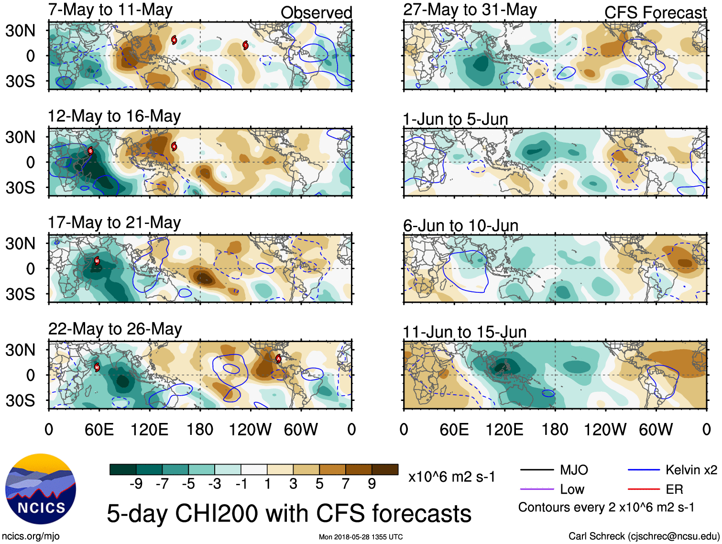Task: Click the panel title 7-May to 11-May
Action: pyautogui.click(x=110, y=10)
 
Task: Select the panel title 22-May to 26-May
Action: pyautogui.click(x=115, y=329)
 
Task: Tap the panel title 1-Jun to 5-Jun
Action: pyautogui.click(x=456, y=119)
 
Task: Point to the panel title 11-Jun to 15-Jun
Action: pyautogui.click(x=465, y=332)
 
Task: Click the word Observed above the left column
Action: pyautogui.click(x=316, y=13)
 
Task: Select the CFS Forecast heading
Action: pyautogui.click(x=655, y=13)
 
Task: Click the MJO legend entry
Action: pyautogui.click(x=574, y=470)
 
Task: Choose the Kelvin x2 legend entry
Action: pyautogui.click(x=691, y=470)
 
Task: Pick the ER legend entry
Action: pyautogui.click(x=674, y=489)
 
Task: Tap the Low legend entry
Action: pyautogui.click(x=572, y=489)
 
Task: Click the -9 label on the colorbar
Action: pyautogui.click(x=136, y=484)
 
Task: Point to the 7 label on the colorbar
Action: pyautogui.click(x=346, y=484)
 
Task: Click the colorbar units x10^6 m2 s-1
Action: pyautogui.click(x=452, y=477)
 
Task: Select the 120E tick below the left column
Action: pyautogui.click(x=150, y=429)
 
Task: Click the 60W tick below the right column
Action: pyautogui.click(x=656, y=429)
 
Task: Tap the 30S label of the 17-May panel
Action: pyautogui.click(x=21, y=294)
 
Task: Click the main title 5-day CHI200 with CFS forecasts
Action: pyautogui.click(x=289, y=513)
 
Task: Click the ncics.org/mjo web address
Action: pyautogui.click(x=31, y=536)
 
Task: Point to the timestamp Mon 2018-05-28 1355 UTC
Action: pyautogui.click(x=361, y=537)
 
